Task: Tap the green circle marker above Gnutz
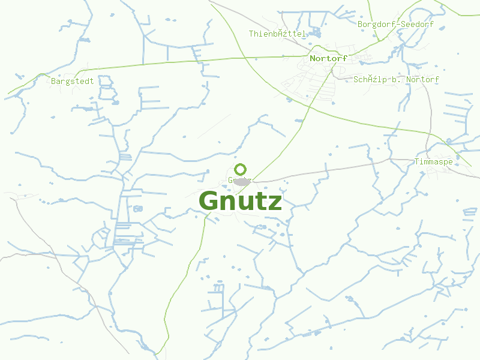(x=241, y=170)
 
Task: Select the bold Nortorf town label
(x=328, y=58)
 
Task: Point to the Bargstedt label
(x=73, y=81)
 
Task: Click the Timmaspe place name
(x=433, y=162)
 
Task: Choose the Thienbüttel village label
(x=277, y=34)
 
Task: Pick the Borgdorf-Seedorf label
(x=395, y=25)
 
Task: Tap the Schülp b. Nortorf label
(x=396, y=79)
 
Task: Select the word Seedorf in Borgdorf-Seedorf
(x=417, y=25)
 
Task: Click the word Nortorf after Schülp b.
(x=422, y=79)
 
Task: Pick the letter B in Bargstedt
(x=54, y=81)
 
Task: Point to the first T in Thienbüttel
(x=251, y=34)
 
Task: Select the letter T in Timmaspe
(x=417, y=162)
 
